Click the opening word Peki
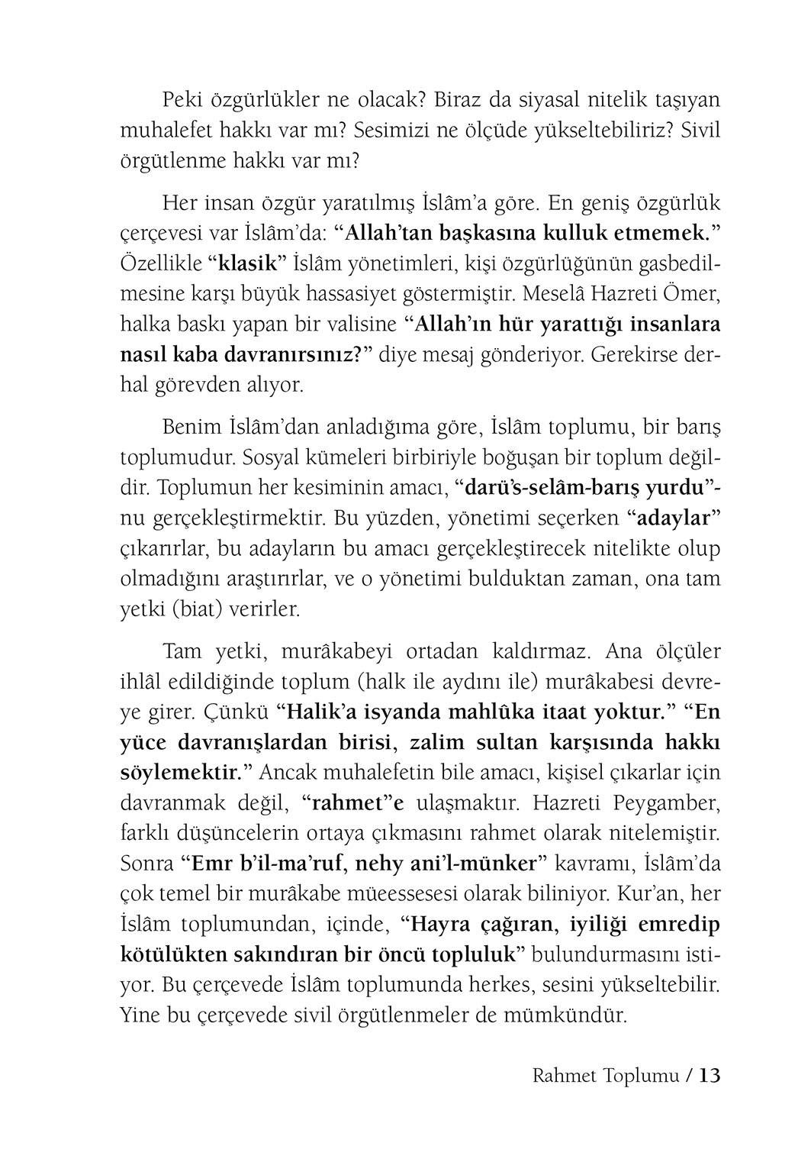click(x=183, y=99)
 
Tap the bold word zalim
click(x=443, y=741)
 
